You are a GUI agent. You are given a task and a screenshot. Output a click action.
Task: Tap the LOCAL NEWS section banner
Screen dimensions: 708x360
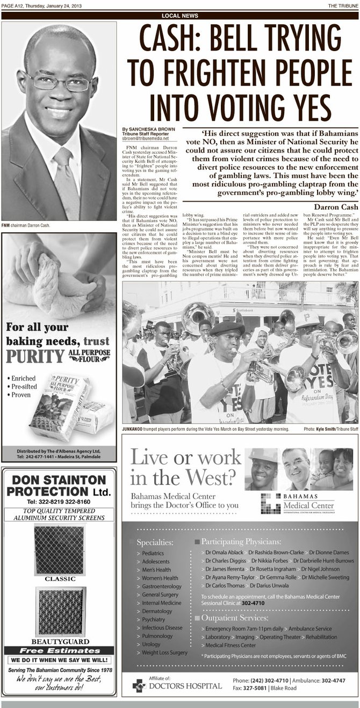(x=179, y=16)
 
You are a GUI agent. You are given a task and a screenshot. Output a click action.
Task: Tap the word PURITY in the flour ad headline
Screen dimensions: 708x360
(x=35, y=356)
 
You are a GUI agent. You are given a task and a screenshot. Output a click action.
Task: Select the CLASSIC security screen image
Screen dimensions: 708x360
(x=59, y=549)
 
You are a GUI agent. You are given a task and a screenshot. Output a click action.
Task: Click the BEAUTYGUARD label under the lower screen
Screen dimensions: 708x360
(x=60, y=641)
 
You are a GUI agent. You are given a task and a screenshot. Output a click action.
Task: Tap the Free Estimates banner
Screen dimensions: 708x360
(x=59, y=650)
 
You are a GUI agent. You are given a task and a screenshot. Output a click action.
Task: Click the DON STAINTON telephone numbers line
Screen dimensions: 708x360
(x=59, y=502)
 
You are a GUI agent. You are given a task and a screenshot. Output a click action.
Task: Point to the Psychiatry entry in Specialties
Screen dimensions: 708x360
(x=154, y=619)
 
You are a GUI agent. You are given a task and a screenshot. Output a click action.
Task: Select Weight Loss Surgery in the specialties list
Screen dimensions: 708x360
(x=164, y=652)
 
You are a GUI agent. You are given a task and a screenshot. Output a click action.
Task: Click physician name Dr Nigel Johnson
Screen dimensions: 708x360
(x=320, y=569)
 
